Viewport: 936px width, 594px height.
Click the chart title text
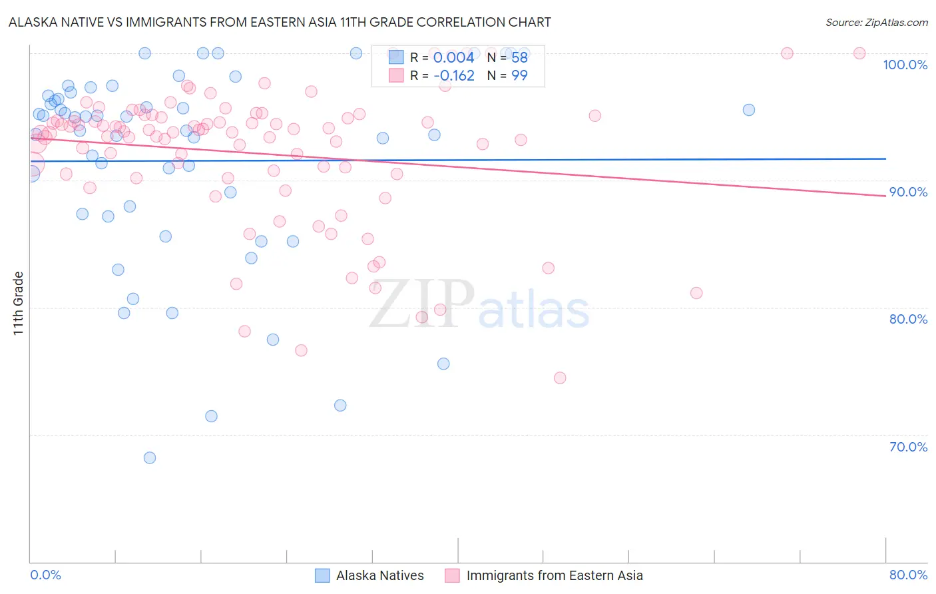click(x=280, y=22)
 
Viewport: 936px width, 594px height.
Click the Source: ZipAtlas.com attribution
click(x=876, y=23)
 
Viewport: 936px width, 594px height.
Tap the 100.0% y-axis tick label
click(x=905, y=65)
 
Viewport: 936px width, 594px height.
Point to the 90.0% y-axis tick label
click(x=908, y=192)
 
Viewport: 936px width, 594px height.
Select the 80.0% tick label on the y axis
click(x=908, y=319)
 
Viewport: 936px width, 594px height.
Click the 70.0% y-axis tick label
click(x=908, y=447)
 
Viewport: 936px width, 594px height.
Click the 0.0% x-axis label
click(x=45, y=575)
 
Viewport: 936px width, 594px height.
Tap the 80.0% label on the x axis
click(x=908, y=575)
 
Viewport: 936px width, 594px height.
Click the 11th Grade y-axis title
click(x=19, y=303)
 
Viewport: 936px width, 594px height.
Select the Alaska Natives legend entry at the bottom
click(x=379, y=575)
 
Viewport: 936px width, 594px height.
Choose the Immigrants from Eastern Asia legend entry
click(x=554, y=575)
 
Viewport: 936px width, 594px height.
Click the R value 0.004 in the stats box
click(x=453, y=58)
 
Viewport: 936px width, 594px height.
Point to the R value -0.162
click(x=453, y=75)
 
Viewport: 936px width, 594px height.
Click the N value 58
click(x=519, y=58)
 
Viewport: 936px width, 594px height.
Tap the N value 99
click(x=519, y=75)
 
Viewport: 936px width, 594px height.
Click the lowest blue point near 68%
click(x=150, y=457)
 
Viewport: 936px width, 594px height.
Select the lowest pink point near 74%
click(x=560, y=378)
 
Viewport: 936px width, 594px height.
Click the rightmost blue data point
click(x=749, y=110)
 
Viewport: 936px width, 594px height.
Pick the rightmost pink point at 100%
click(x=859, y=53)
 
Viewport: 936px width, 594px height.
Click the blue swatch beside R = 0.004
click(x=396, y=57)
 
